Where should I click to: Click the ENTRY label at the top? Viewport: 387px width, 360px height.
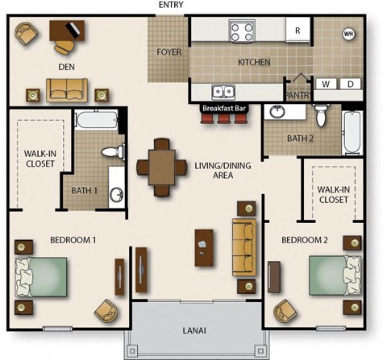[171, 5]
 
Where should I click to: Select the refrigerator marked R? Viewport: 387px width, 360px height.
[298, 31]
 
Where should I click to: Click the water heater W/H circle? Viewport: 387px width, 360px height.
[348, 34]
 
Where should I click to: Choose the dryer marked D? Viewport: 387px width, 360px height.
[351, 83]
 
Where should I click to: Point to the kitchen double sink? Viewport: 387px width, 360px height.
[223, 91]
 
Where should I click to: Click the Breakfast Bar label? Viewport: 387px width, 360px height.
[222, 108]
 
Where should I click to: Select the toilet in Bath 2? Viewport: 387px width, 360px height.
[320, 115]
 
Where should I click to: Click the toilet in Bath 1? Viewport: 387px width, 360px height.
[113, 151]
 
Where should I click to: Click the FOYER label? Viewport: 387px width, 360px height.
[168, 52]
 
